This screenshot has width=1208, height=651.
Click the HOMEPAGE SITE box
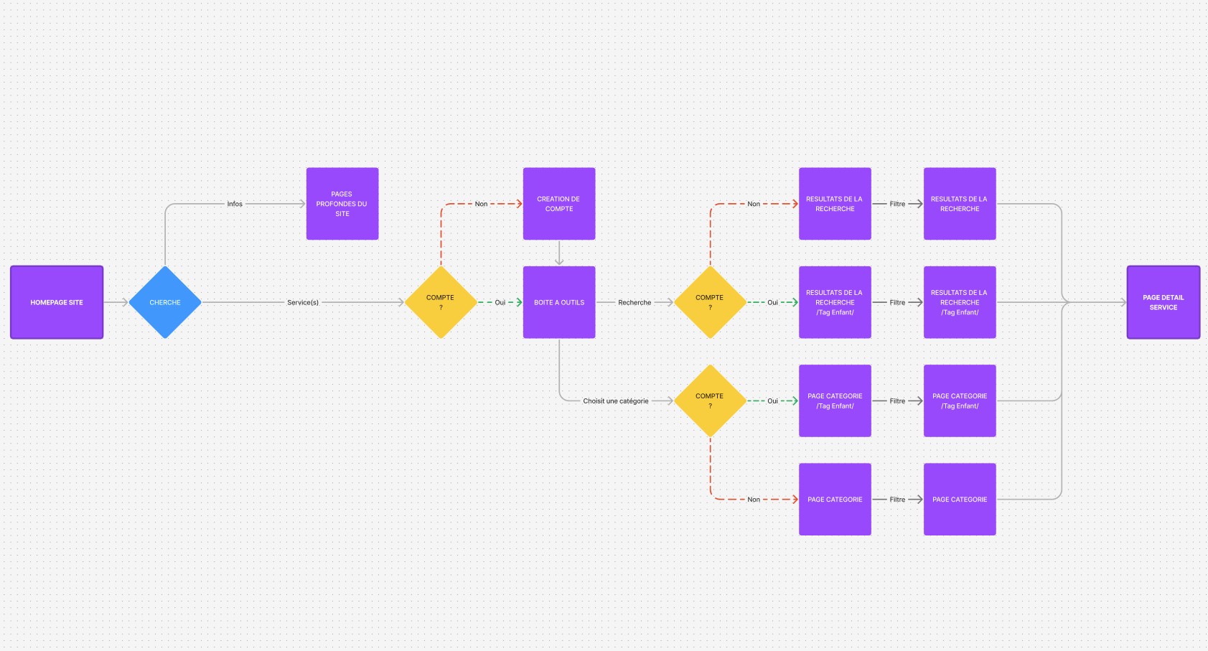click(57, 302)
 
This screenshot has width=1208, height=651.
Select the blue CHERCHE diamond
click(165, 302)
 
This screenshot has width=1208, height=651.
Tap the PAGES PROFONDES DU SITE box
click(342, 204)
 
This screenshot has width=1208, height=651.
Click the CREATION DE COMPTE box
click(559, 204)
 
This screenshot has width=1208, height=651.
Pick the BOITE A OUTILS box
click(559, 302)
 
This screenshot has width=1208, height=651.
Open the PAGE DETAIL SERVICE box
click(1163, 302)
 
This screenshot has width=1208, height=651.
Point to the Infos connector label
click(235, 204)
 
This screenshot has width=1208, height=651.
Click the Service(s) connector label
click(303, 302)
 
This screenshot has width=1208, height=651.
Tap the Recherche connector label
click(635, 302)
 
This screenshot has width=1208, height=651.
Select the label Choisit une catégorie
click(616, 401)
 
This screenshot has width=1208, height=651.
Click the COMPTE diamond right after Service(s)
click(441, 302)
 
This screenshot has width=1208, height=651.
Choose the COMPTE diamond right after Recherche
click(710, 302)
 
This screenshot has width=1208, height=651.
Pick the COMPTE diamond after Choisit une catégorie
click(710, 401)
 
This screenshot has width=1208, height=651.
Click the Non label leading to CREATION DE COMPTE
click(481, 204)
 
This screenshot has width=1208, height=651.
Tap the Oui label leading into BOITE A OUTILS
click(500, 302)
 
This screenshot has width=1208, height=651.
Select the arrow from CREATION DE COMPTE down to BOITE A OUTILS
click(559, 253)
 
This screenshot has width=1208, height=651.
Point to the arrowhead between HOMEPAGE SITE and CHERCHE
click(124, 302)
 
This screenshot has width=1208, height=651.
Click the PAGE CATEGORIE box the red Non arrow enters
click(835, 500)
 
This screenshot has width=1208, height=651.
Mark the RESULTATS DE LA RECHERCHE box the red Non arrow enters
click(835, 204)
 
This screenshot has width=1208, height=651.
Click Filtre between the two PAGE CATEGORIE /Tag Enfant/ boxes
click(897, 401)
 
